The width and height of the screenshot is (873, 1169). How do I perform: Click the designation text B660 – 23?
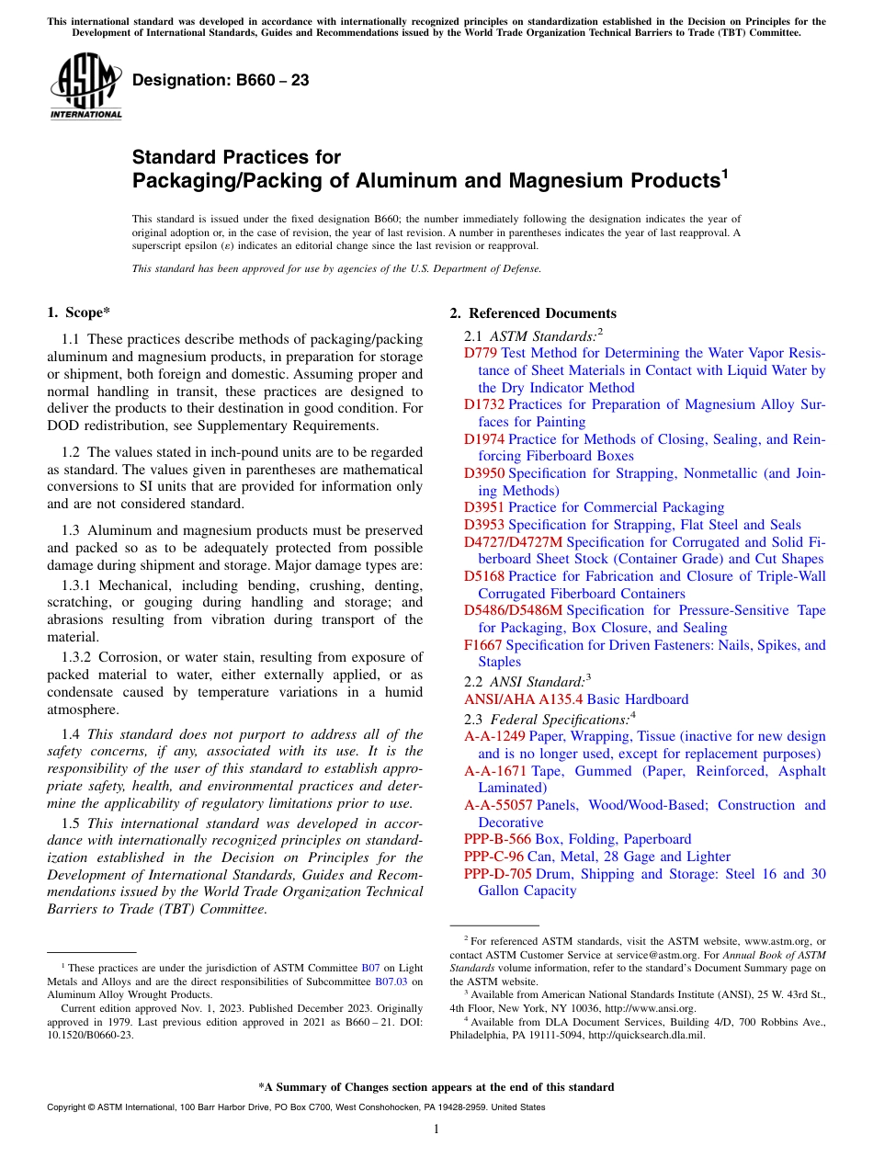point(221,81)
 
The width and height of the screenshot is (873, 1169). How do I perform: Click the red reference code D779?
point(481,353)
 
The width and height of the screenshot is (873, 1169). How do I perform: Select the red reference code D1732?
point(484,404)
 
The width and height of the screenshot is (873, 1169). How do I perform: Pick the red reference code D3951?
point(484,507)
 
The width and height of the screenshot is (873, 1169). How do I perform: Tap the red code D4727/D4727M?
point(513,541)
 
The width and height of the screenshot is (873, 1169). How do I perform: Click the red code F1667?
point(483,645)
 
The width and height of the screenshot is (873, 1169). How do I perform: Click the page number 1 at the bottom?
point(436,1129)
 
